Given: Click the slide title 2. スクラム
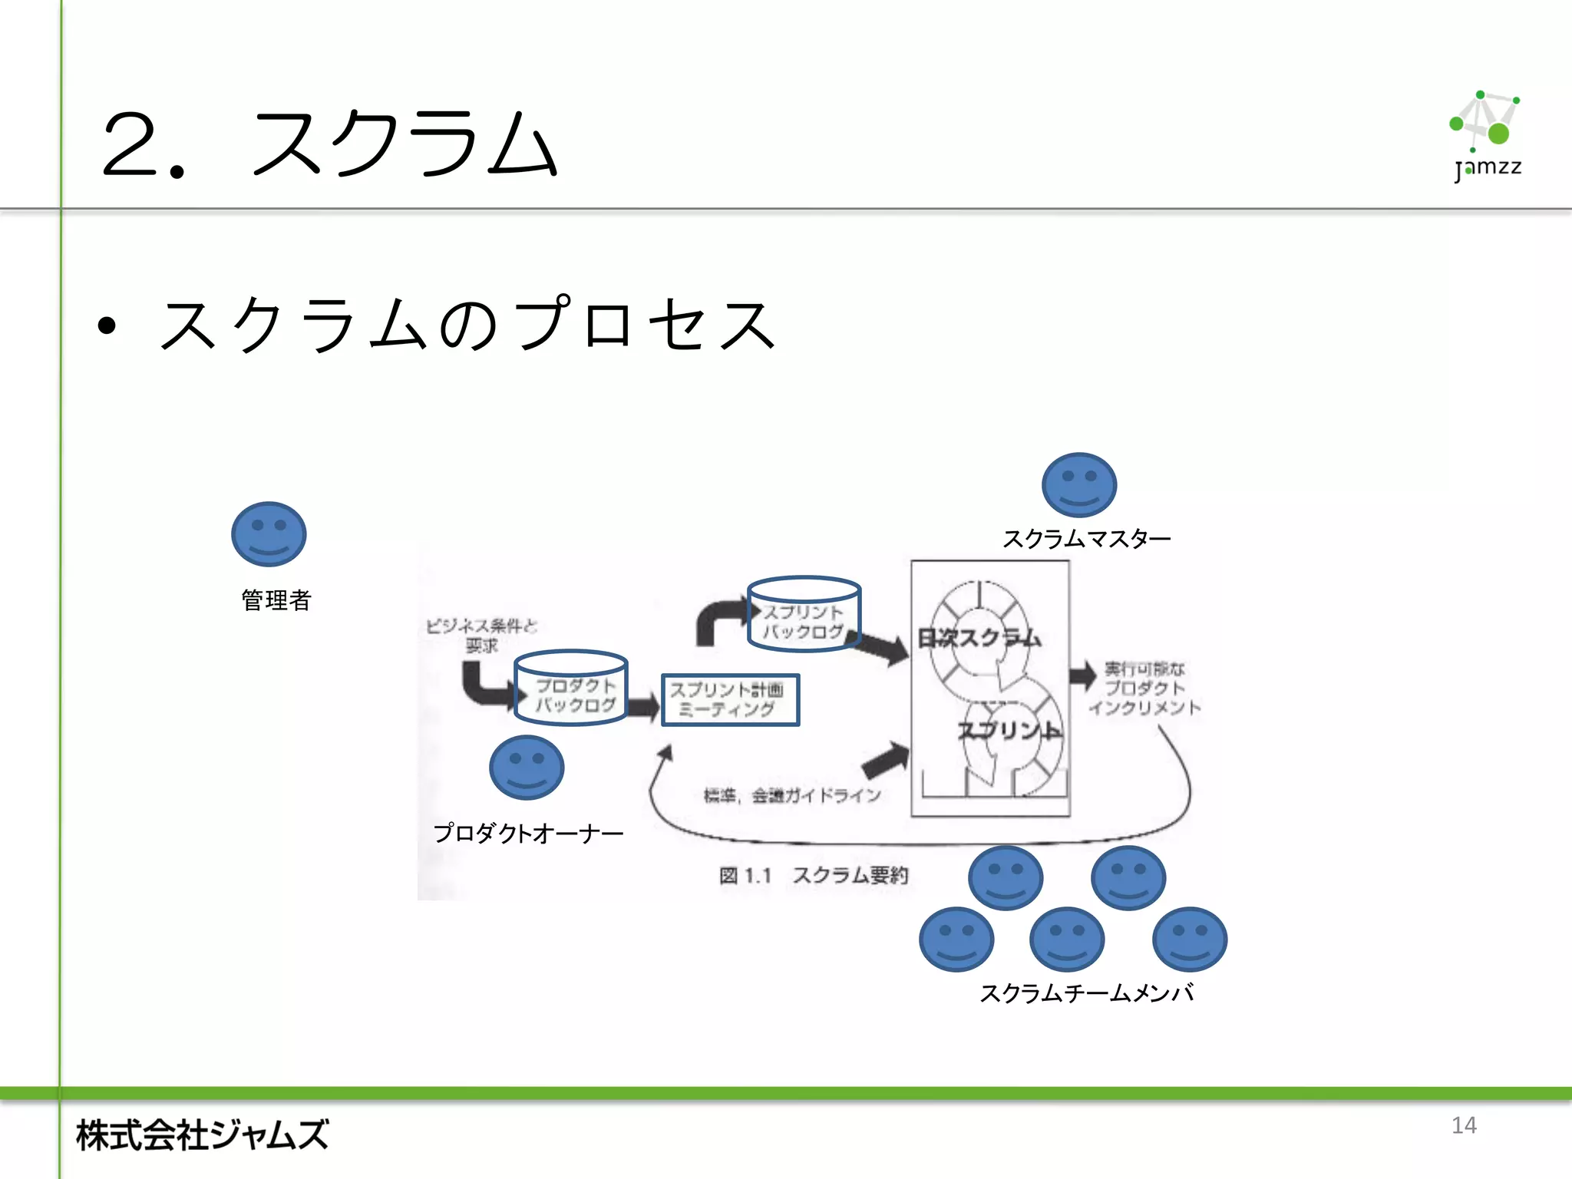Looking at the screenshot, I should [330, 144].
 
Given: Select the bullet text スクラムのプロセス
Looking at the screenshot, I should [468, 325].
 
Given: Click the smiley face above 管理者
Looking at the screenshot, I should [269, 534].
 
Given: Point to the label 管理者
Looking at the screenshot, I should [276, 599].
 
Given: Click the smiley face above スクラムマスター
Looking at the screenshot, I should [1078, 485].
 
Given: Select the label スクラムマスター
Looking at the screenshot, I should [1086, 539].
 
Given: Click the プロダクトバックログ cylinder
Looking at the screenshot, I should [571, 688].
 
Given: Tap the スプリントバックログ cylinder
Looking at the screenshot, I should [804, 615].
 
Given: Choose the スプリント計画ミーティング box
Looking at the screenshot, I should [730, 700].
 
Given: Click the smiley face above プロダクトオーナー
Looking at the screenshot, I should [527, 768].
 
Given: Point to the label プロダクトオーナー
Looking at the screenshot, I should [528, 833].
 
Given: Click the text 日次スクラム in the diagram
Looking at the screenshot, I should [979, 638].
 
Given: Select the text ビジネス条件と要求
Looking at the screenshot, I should [481, 636].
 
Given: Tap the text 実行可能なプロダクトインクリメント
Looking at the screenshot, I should [1144, 689].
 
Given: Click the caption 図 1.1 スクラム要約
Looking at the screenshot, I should [814, 875].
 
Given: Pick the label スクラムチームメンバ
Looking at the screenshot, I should [1086, 993].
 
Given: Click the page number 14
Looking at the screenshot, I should [1464, 1125].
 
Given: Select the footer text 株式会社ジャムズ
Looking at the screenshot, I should [203, 1135].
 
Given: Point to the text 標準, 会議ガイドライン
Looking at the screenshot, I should [792, 795].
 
